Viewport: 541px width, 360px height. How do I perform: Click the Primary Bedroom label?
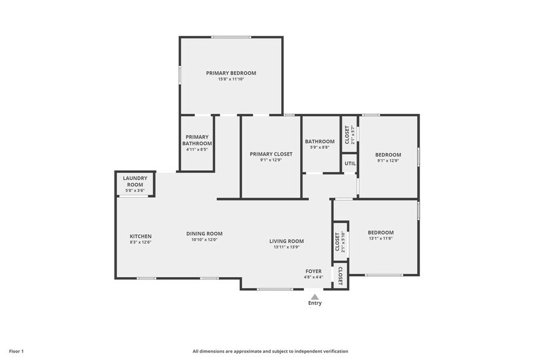point(231,73)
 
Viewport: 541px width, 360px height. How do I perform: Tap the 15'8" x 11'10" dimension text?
point(231,80)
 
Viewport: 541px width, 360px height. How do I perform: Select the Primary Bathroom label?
point(197,140)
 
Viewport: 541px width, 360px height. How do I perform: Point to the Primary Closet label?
point(271,154)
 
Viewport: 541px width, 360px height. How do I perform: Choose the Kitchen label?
point(140,236)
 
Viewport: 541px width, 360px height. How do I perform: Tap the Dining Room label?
point(204,233)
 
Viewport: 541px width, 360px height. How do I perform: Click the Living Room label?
point(286,241)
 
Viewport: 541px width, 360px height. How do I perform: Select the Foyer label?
point(314,271)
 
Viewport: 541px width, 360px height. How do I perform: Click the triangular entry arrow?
point(314,297)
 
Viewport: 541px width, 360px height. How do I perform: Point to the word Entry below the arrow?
point(314,304)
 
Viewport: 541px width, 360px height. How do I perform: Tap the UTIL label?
point(349,163)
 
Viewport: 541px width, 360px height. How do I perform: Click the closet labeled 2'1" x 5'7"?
point(349,135)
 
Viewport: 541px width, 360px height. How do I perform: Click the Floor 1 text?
point(16,351)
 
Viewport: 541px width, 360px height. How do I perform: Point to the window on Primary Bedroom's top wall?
point(231,37)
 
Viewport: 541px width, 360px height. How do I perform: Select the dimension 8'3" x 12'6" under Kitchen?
point(140,242)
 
